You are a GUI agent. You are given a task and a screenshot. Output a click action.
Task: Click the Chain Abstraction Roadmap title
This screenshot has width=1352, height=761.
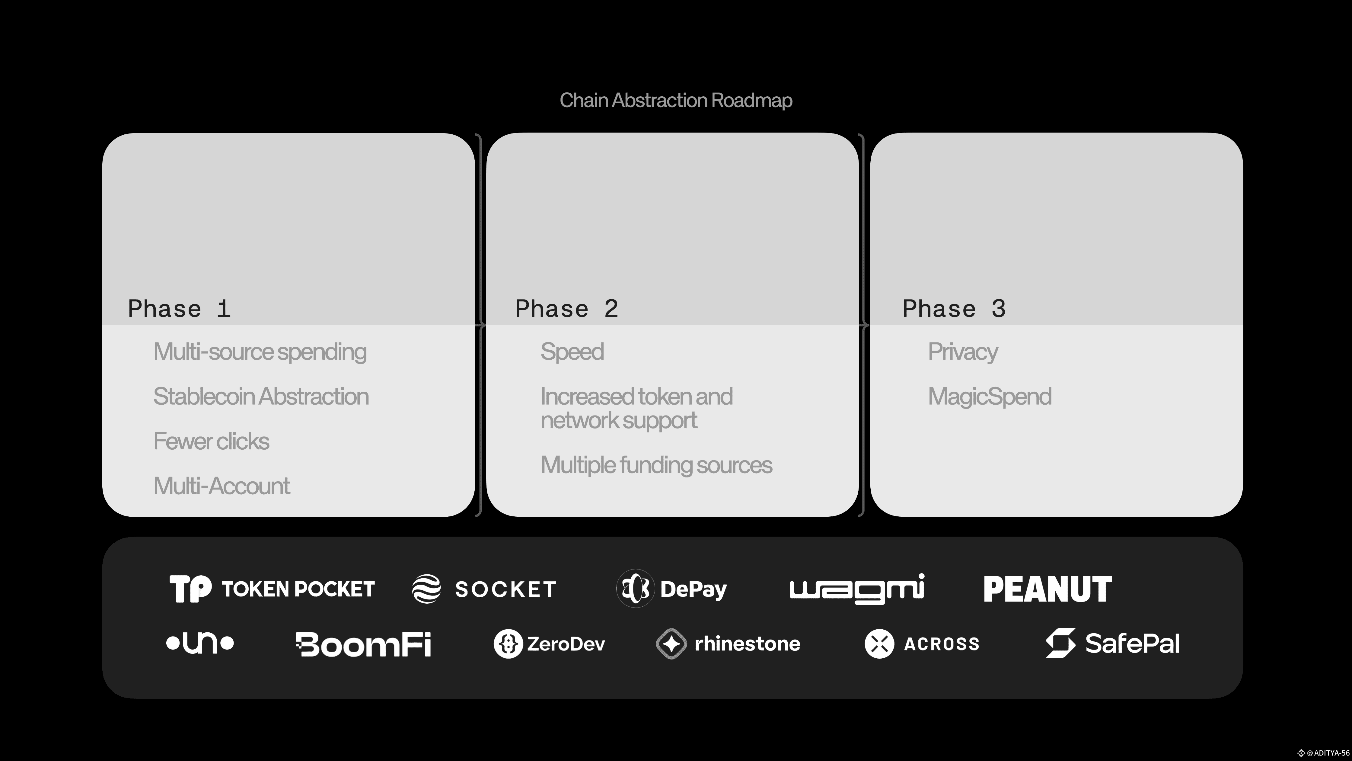tap(676, 100)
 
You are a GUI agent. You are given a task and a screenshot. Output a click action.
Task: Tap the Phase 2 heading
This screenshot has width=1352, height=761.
tap(567, 309)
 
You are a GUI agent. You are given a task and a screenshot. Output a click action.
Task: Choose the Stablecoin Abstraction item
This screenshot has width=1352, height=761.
tap(261, 397)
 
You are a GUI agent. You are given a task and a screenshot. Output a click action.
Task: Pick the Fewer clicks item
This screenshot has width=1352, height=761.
tap(211, 441)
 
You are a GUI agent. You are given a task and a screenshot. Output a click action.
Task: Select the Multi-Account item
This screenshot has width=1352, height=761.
tap(222, 486)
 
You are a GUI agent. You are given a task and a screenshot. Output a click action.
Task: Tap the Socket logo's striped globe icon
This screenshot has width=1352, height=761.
tap(426, 589)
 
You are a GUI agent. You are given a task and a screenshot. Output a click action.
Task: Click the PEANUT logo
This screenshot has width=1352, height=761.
tap(1047, 589)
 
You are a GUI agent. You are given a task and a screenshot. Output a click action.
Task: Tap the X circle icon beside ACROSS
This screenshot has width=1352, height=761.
tap(879, 644)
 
